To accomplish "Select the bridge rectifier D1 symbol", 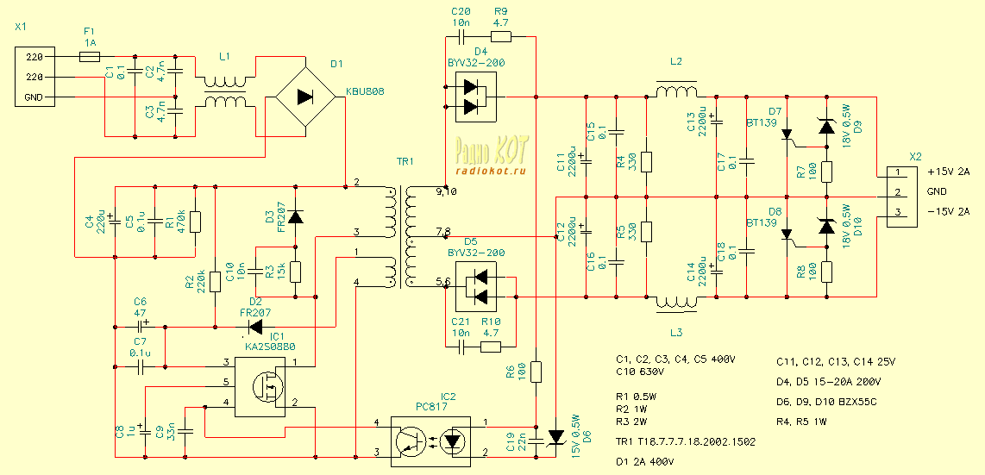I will click(x=304, y=97).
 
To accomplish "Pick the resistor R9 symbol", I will click(x=501, y=37).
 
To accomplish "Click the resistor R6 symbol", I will click(x=536, y=372).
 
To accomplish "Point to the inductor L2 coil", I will click(x=676, y=91).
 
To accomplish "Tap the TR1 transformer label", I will click(x=405, y=161).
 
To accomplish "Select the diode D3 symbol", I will click(x=296, y=216).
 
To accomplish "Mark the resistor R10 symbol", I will click(x=490, y=347).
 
